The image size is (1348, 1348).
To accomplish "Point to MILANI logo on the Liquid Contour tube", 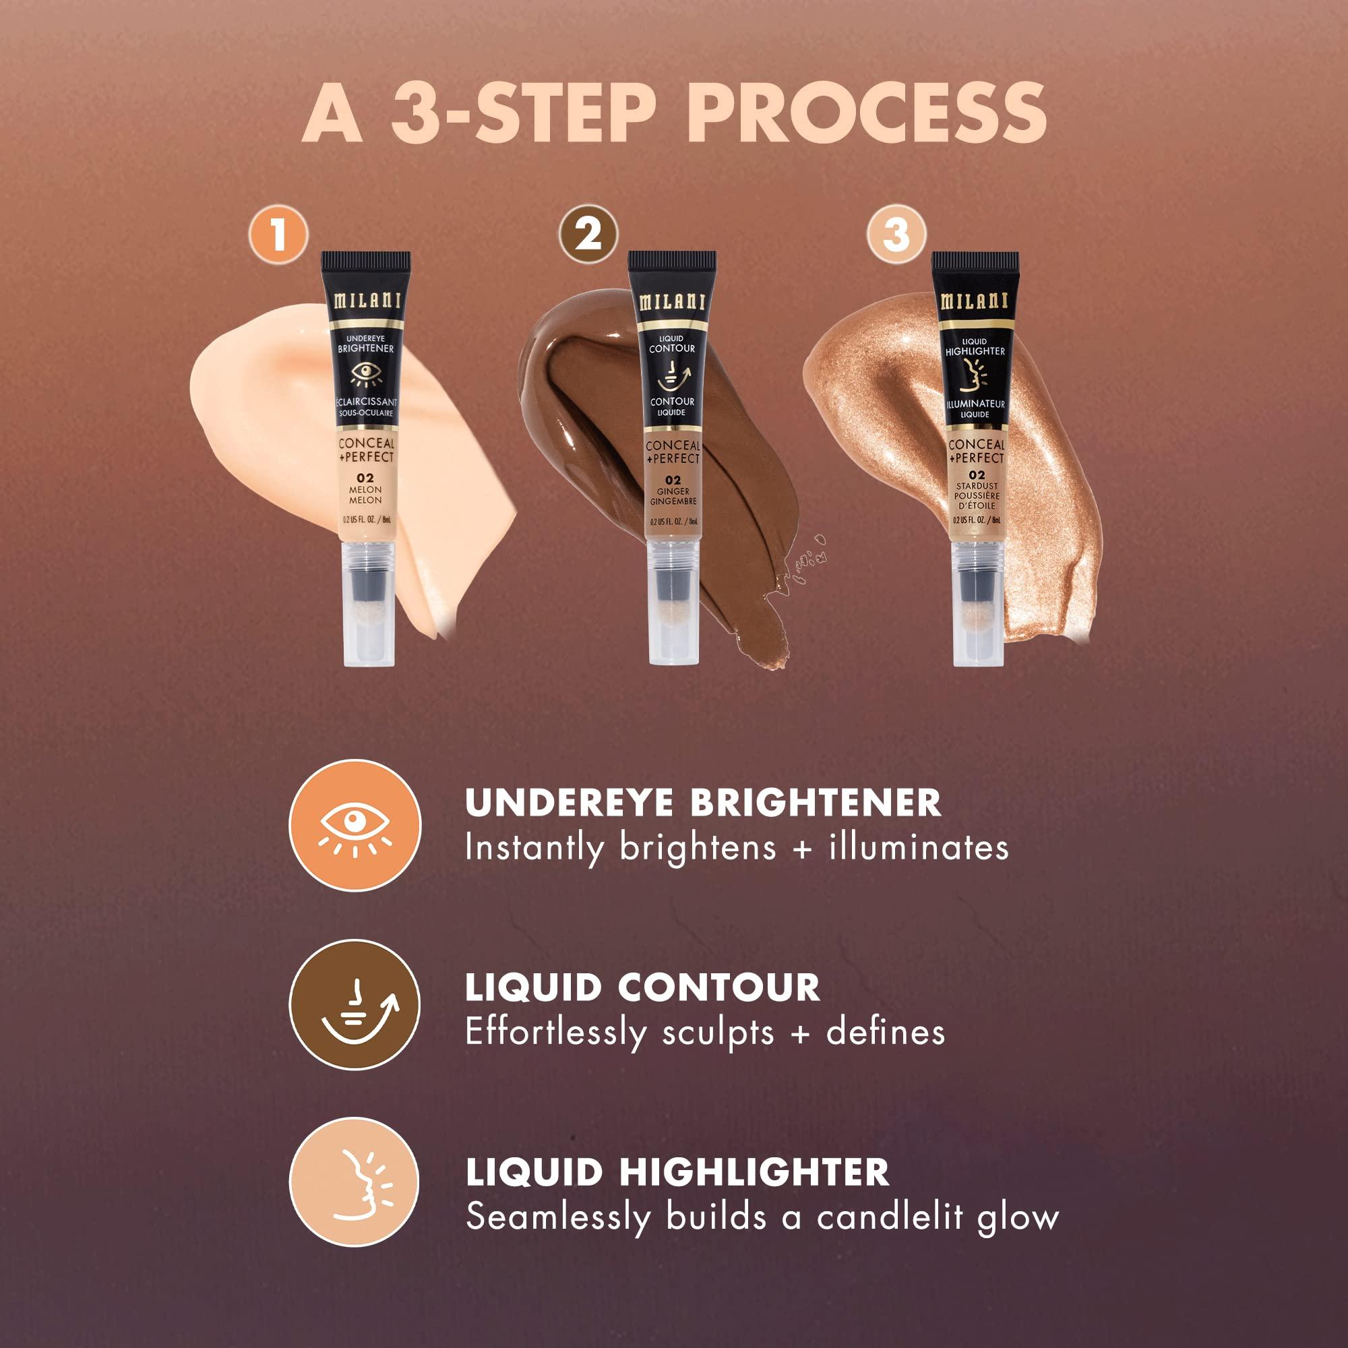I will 672,301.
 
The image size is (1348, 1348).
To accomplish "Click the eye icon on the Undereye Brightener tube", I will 365,375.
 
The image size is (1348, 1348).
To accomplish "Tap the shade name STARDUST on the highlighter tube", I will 976,485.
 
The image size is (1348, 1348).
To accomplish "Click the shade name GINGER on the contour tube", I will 673,491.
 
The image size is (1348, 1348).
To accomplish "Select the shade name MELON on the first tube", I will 365,490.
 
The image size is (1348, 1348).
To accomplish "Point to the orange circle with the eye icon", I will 355,826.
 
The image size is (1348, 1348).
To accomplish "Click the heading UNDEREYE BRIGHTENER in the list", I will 702,803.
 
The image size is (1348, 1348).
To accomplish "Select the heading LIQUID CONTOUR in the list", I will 642,987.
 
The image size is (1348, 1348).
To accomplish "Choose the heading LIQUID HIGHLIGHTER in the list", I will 677,1172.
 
